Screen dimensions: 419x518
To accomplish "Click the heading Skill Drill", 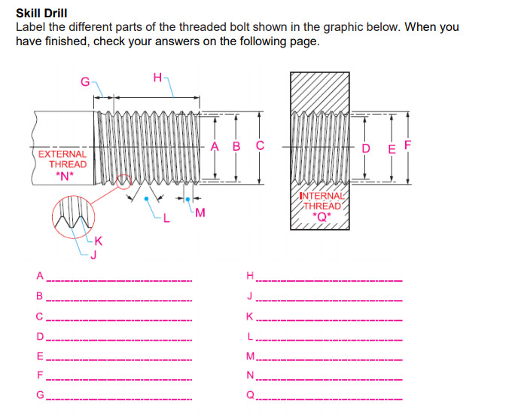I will point(41,13).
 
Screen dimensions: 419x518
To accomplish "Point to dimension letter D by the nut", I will point(366,148).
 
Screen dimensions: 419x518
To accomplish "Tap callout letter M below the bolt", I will point(200,211).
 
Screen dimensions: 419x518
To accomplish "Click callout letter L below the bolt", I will point(168,220).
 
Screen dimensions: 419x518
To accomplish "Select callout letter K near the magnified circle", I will point(99,243).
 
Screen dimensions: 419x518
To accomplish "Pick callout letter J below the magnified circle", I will point(93,254).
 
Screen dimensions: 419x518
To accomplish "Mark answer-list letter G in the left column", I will point(41,393).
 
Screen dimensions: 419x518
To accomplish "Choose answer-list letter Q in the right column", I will point(251,393).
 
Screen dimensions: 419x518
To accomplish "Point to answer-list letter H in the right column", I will point(251,275).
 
